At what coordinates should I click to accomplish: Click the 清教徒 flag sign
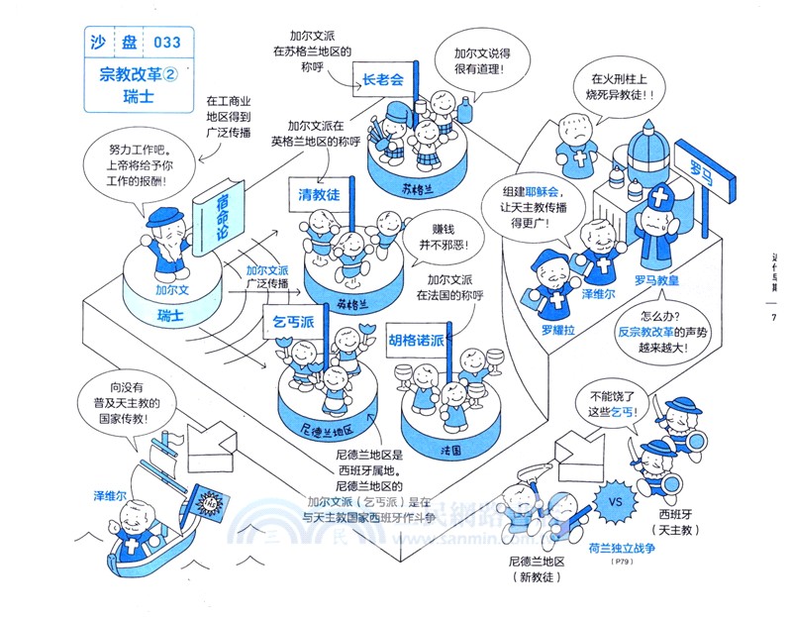coord(319,194)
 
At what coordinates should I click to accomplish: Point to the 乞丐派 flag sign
coord(293,322)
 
